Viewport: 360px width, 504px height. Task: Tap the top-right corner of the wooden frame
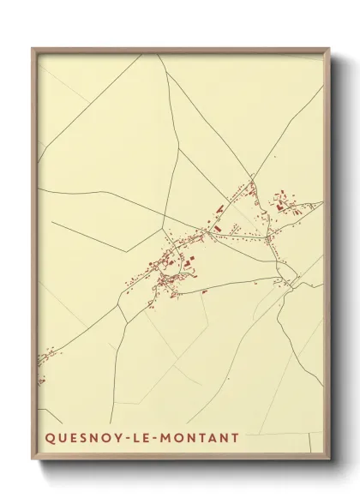tap(330, 49)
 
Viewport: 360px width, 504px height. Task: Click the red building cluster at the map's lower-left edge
tap(40, 369)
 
